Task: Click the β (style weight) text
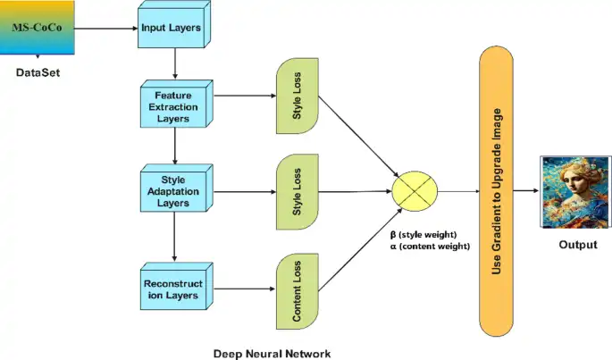(x=423, y=233)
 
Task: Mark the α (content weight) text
(x=427, y=246)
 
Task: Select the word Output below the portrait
(x=574, y=244)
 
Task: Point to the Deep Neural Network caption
(x=271, y=353)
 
